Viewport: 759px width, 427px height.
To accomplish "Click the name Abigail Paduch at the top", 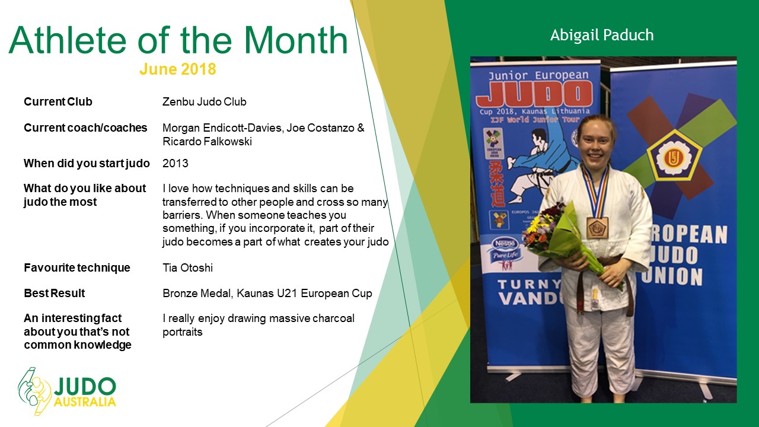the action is [x=602, y=35].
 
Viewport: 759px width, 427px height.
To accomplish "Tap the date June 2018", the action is [x=177, y=69].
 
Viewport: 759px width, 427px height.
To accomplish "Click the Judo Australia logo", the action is [x=67, y=391].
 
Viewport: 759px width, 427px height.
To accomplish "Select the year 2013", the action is [x=176, y=163].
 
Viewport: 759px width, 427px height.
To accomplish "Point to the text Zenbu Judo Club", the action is [x=205, y=101].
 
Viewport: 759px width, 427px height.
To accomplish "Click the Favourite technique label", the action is [x=77, y=267].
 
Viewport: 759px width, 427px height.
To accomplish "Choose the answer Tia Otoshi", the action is [x=188, y=267].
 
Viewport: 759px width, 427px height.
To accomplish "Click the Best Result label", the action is [x=54, y=293].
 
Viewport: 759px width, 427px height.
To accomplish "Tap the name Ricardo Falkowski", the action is [x=207, y=141].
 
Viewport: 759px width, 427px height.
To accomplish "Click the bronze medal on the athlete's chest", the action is [x=597, y=227].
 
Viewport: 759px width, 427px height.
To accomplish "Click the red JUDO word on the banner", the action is [x=535, y=94].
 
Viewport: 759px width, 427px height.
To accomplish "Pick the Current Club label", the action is [x=58, y=101].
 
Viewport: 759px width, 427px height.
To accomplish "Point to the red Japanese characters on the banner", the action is [x=497, y=183].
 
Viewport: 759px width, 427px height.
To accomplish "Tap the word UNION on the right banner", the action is [x=672, y=276].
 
